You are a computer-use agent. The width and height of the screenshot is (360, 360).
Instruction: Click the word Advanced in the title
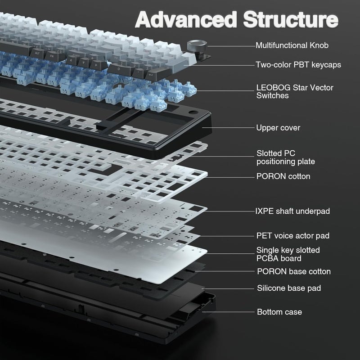click(186, 20)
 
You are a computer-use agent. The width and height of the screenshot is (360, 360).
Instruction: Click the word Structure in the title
click(291, 20)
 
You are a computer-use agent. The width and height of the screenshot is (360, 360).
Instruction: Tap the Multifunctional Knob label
click(292, 45)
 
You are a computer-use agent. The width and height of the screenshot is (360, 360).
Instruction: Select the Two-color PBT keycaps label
click(298, 65)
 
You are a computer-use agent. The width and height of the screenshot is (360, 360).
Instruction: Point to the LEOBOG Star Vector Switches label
click(295, 91)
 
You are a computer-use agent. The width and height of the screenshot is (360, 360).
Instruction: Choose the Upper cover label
click(278, 128)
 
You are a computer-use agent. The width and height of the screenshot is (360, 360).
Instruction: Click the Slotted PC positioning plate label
click(286, 157)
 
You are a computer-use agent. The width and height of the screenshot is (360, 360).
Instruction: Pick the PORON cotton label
click(283, 176)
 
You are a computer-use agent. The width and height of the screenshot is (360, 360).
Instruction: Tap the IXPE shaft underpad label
click(293, 211)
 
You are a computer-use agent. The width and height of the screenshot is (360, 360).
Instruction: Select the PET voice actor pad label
click(293, 236)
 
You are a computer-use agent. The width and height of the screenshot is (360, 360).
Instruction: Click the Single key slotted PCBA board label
click(288, 254)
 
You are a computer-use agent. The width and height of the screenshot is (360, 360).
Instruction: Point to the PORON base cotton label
click(294, 272)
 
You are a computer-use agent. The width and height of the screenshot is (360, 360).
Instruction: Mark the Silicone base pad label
click(289, 288)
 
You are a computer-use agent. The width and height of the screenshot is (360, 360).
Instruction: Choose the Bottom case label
click(279, 312)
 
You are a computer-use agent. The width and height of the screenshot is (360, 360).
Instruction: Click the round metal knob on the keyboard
click(197, 46)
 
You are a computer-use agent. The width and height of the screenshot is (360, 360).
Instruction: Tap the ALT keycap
click(37, 53)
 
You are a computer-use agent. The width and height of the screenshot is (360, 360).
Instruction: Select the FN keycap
click(52, 56)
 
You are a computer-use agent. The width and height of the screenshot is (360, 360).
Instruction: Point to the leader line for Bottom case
click(228, 312)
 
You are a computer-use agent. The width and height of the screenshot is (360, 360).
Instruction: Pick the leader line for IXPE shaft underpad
click(229, 211)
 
